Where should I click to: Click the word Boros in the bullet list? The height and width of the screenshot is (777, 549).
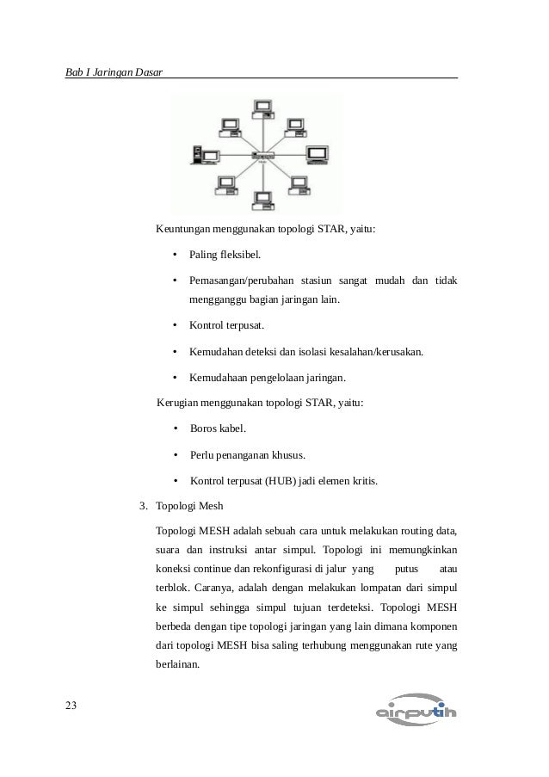click(205, 429)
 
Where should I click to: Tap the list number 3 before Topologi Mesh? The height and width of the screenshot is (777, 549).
click(143, 506)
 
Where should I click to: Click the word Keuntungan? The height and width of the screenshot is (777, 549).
click(184, 230)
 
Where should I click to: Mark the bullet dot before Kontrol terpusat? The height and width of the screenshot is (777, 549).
click(175, 326)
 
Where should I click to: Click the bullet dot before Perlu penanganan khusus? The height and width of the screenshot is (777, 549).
click(175, 455)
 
